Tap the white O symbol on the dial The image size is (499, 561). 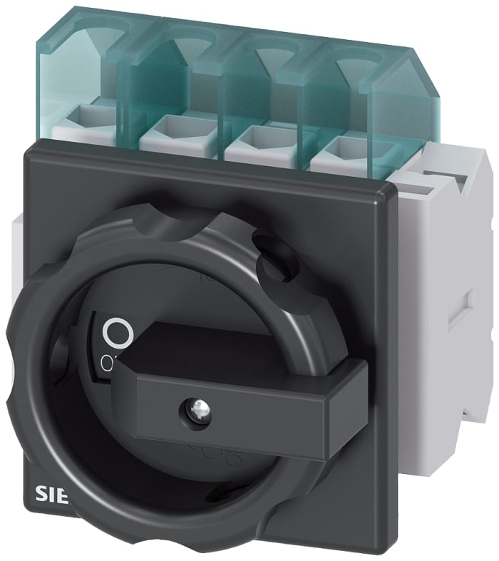tap(118, 332)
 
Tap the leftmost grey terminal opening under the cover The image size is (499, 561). tap(89, 118)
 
